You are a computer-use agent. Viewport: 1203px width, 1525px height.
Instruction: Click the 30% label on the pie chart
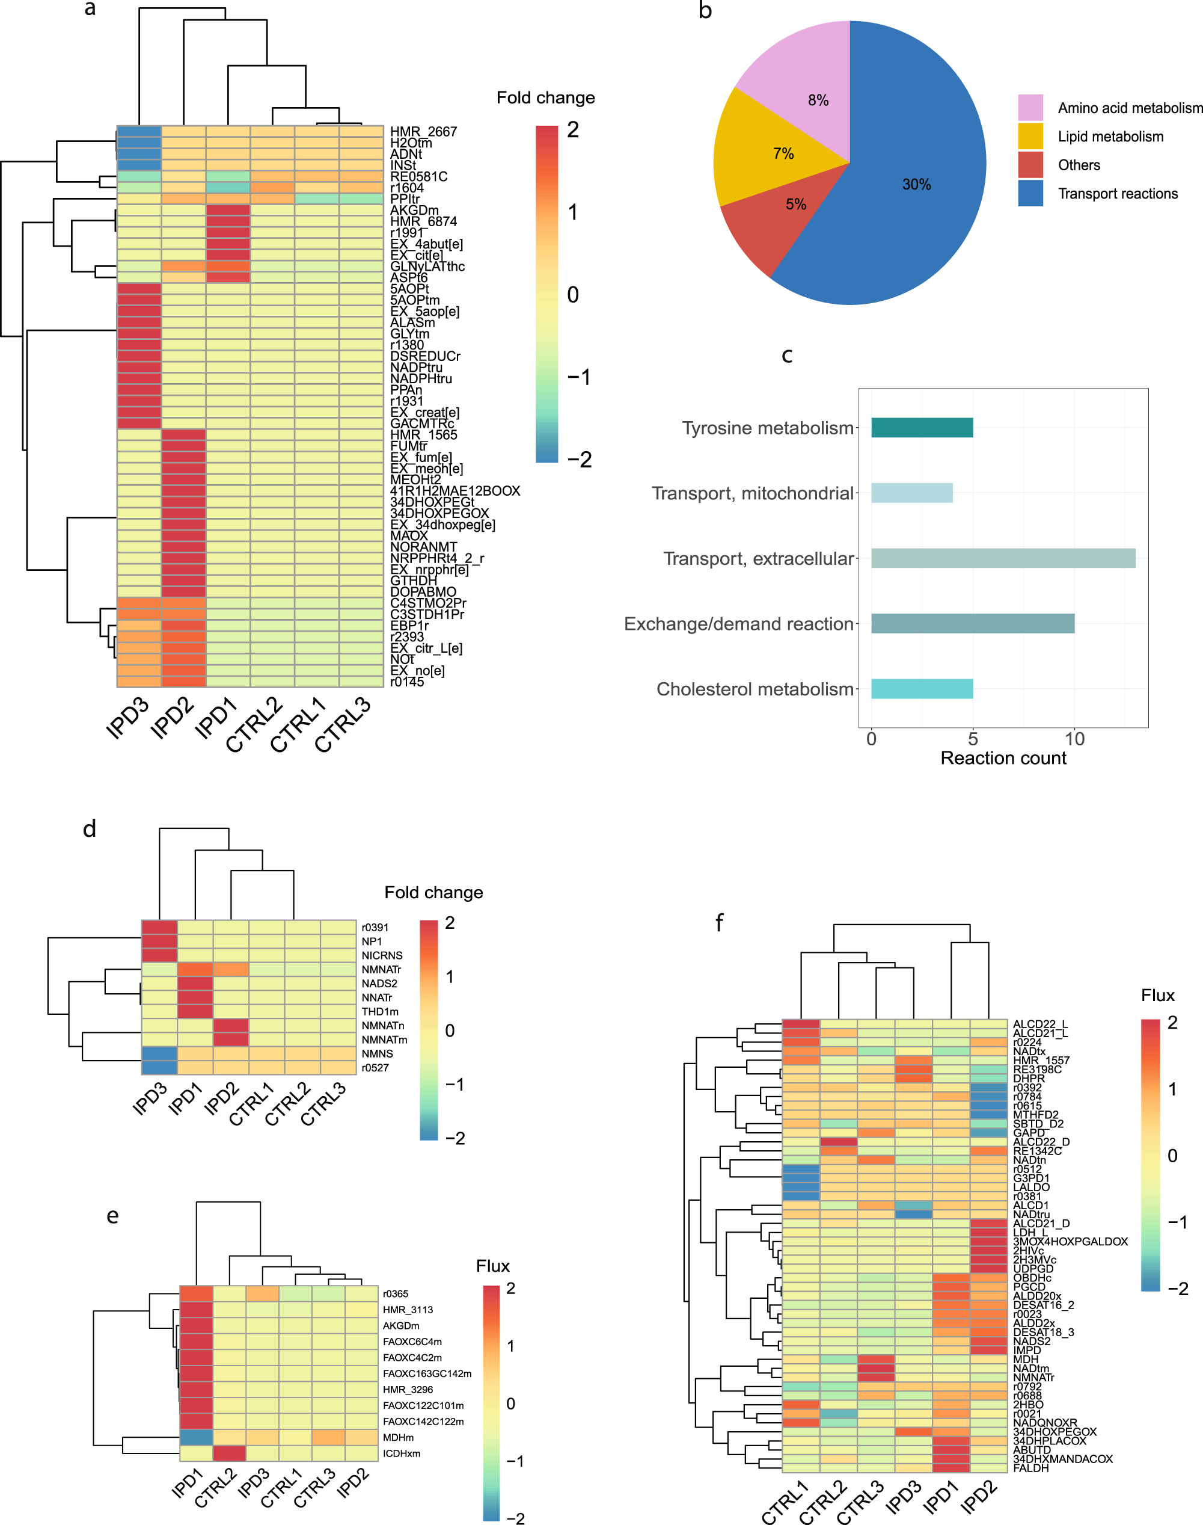pos(916,185)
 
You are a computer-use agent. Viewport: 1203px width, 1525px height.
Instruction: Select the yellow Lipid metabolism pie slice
pos(768,152)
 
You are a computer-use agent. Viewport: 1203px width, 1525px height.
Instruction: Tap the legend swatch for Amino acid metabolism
pos(1030,108)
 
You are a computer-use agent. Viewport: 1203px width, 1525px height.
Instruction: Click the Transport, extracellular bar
pos(1002,558)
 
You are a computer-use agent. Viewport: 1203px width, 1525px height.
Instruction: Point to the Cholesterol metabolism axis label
pos(755,689)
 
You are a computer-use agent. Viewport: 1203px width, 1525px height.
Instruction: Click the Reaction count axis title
pos(1003,758)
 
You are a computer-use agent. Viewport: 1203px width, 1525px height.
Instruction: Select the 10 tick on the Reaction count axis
pos(1074,739)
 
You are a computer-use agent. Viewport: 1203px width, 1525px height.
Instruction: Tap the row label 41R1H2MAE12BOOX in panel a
pos(455,491)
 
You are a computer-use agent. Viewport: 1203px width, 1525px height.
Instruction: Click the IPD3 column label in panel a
pos(127,718)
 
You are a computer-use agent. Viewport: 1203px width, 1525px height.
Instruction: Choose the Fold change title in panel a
pos(545,98)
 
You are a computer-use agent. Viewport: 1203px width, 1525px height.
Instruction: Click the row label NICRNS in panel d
pos(382,955)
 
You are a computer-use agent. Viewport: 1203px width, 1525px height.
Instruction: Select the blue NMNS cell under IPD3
pos(159,1053)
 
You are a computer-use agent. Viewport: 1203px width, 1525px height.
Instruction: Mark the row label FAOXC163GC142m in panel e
pos(427,1373)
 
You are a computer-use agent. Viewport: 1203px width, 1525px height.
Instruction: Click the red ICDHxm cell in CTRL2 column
pos(230,1453)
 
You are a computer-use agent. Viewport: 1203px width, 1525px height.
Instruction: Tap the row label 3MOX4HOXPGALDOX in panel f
pos(1070,1242)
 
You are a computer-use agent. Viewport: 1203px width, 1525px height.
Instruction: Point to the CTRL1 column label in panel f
pos(785,1502)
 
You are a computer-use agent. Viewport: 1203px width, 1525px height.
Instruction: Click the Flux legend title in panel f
pos(1157,996)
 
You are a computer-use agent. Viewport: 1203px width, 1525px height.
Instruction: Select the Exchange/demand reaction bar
pos(972,624)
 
